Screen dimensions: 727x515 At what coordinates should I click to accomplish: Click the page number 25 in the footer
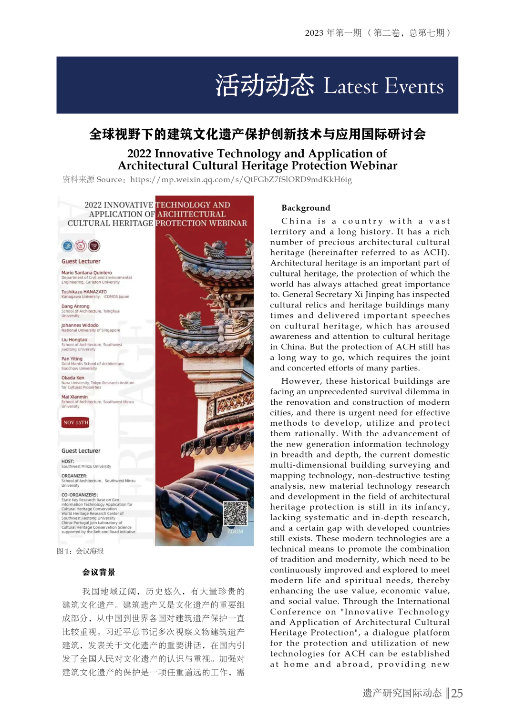[x=457, y=693]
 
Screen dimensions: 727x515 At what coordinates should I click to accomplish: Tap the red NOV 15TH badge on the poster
[x=76, y=422]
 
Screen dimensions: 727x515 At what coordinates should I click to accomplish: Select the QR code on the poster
[x=236, y=513]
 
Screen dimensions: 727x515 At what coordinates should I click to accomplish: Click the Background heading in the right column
[x=306, y=208]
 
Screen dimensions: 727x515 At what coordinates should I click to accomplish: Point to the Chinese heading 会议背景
[x=99, y=572]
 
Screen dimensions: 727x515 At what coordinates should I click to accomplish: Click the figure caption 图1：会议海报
[x=80, y=551]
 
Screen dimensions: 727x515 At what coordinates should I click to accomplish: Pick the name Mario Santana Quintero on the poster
[x=87, y=273]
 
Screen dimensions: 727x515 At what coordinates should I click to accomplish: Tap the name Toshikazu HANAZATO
[x=84, y=292]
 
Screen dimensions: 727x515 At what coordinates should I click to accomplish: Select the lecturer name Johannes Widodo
[x=80, y=325]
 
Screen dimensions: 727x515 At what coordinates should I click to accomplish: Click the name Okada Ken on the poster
[x=73, y=378]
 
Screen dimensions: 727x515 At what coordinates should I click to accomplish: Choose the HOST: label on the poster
[x=68, y=461]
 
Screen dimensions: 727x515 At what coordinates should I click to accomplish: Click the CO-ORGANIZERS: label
[x=80, y=495]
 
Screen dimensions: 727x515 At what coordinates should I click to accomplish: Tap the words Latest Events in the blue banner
[x=383, y=86]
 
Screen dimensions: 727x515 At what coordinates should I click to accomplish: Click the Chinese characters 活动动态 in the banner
[x=265, y=86]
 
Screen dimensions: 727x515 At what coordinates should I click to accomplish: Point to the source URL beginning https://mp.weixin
[x=241, y=180]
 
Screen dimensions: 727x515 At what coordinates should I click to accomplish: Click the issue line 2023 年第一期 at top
[x=333, y=33]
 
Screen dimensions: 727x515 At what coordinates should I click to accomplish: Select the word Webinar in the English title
[x=373, y=165]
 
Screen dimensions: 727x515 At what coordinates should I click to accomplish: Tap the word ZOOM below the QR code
[x=235, y=531]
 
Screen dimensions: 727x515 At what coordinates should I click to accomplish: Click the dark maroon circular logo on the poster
[x=94, y=246]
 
